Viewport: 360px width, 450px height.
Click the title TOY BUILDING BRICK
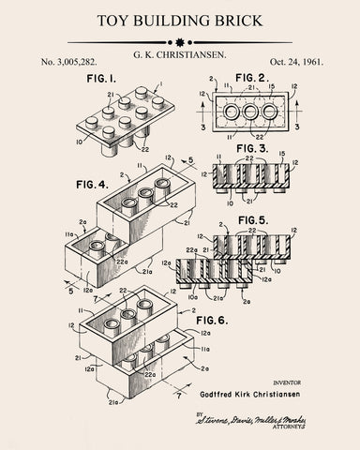tap(179, 19)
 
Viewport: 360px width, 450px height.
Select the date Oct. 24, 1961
tap(293, 62)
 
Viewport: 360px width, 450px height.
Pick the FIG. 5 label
tap(256, 219)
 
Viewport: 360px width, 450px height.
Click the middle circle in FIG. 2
tap(248, 114)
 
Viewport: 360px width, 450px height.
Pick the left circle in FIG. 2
tap(228, 114)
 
